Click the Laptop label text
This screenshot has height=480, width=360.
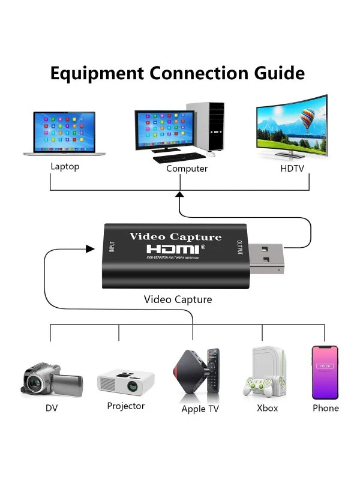[x=65, y=167]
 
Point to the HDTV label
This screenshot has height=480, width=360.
[x=294, y=168]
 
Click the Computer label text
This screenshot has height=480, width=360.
[x=187, y=169]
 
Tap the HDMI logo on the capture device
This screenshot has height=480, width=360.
[x=175, y=248]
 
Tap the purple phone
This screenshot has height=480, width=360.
[x=325, y=372]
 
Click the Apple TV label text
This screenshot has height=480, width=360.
[x=200, y=409]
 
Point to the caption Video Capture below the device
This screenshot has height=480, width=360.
[x=178, y=299]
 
